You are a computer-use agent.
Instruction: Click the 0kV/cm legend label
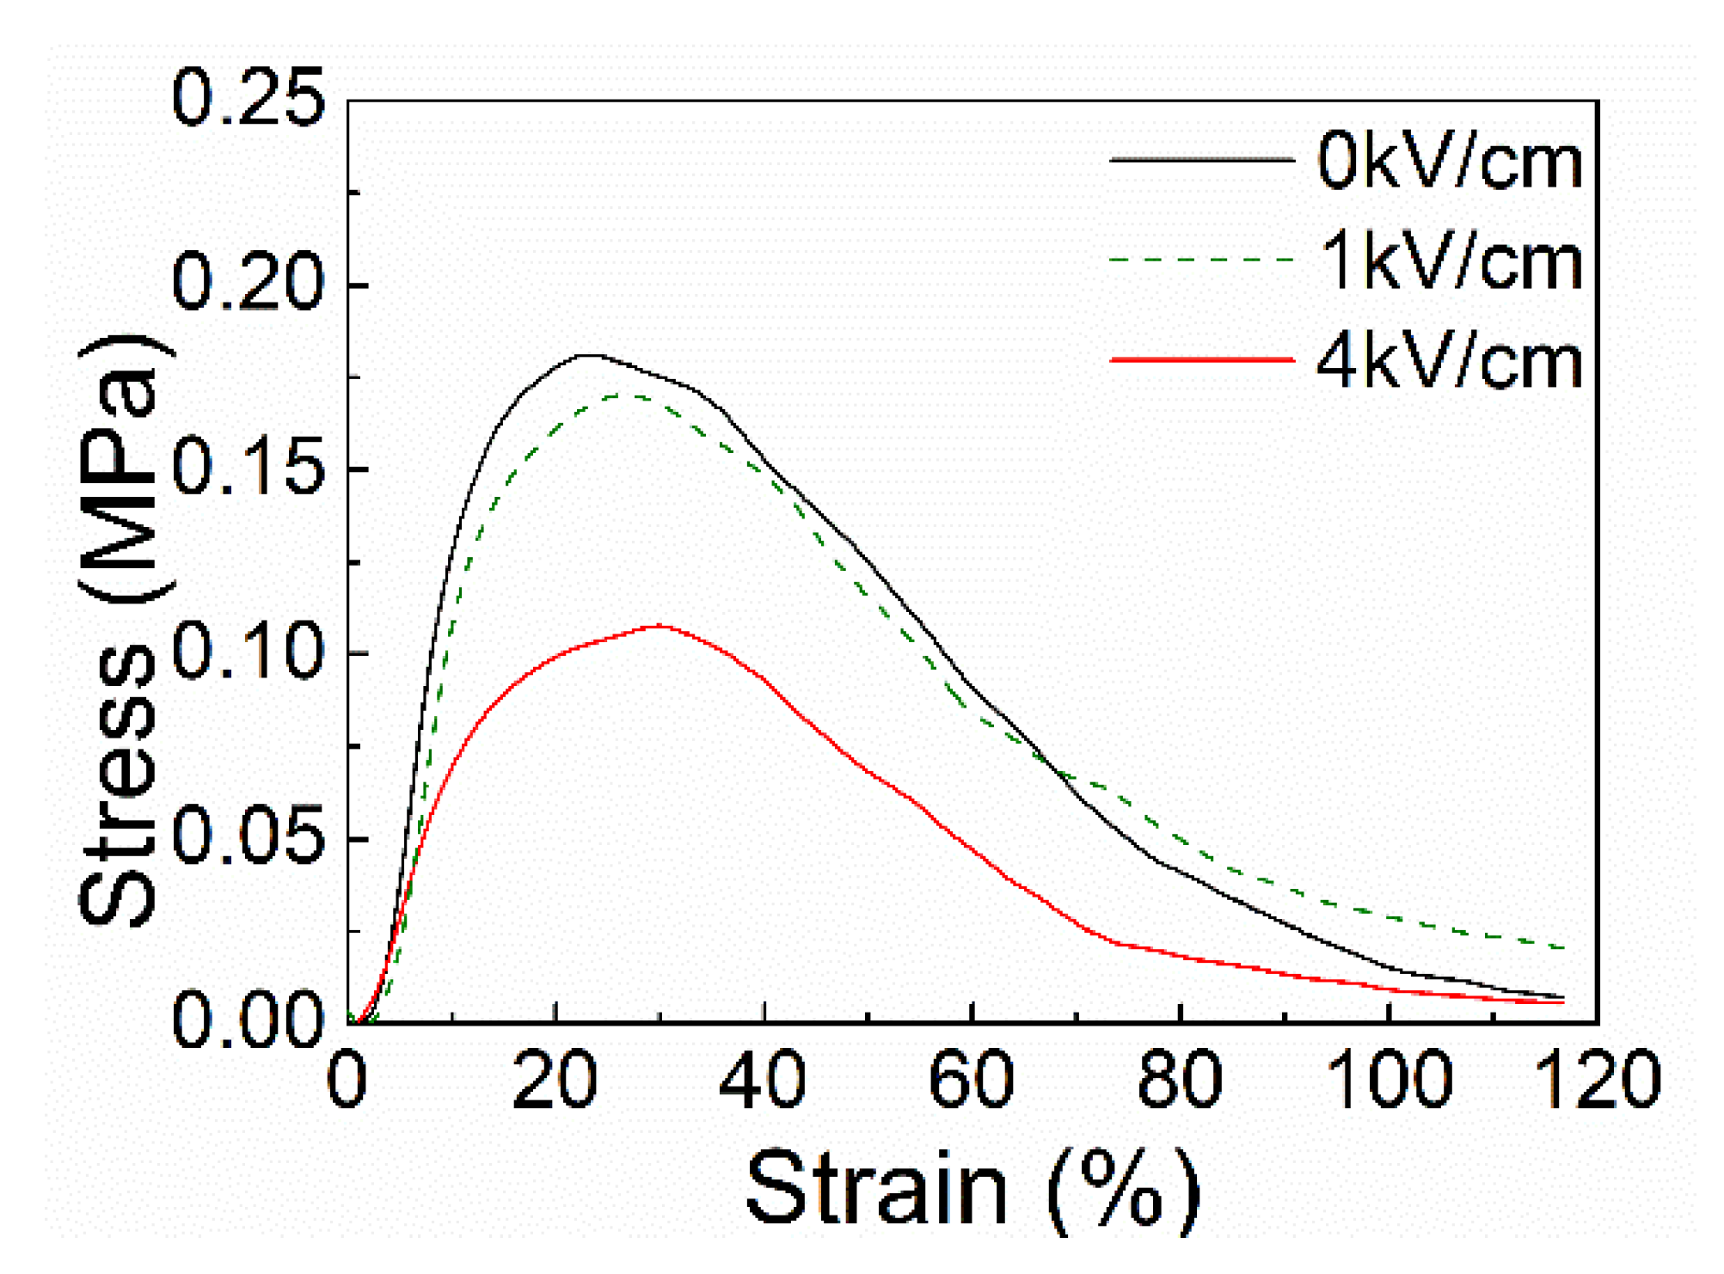pos(1449,161)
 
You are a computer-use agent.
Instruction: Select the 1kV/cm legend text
pos(1449,261)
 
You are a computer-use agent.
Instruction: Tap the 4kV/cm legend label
pos(1449,362)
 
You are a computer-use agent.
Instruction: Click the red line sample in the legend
pos(1201,359)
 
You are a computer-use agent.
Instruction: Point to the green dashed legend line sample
pos(1201,259)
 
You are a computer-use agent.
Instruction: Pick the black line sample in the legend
pos(1201,159)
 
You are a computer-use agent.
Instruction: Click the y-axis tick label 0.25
pos(248,98)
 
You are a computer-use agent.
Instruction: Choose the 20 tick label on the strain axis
pos(555,1080)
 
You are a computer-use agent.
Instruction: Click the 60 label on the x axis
pos(972,1080)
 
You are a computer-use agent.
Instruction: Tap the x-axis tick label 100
pos(1389,1080)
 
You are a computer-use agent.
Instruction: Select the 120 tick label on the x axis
pos(1597,1080)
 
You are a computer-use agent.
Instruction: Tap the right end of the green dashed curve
pos(1562,947)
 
